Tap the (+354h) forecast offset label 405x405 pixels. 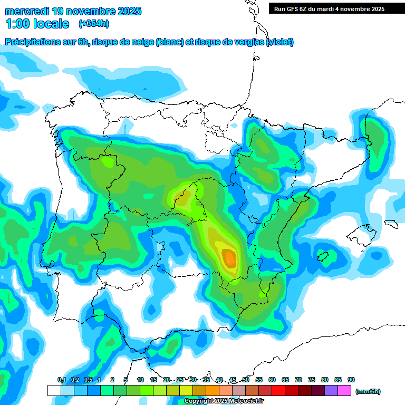click(93, 24)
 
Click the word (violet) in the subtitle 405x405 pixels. click(280, 42)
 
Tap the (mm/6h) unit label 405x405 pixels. click(368, 391)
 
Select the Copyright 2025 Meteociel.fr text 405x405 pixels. click(224, 401)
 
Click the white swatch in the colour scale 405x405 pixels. click(54, 391)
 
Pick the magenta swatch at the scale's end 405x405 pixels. click(345, 391)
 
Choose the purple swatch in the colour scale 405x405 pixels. click(332, 391)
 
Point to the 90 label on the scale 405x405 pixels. click(351, 380)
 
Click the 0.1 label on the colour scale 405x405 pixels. click(61, 380)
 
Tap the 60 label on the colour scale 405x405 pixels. click(272, 380)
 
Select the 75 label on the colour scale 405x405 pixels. click(312, 380)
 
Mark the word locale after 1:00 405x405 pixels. click(51, 24)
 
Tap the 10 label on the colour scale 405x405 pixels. click(140, 380)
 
